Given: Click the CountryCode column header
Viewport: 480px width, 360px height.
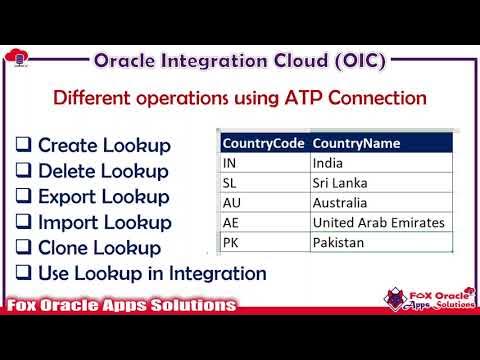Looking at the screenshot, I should pos(264,142).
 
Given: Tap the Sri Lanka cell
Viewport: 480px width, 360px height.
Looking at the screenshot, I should pos(338,182).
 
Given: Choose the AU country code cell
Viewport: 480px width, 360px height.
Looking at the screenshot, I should pos(231,202).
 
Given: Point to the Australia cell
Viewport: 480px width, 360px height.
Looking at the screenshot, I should pos(341,202).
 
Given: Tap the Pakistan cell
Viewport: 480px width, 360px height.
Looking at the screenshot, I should pos(340,242).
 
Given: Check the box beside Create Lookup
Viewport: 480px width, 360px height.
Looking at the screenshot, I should pos(24,145).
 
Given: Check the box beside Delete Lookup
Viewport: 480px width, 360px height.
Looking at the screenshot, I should pos(24,171).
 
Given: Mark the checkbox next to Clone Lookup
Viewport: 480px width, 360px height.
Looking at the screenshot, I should pos(24,248).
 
